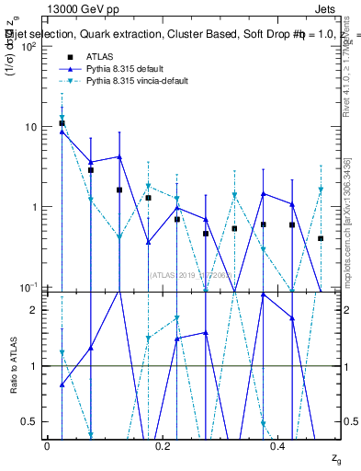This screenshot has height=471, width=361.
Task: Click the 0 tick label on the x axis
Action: pyautogui.click(x=47, y=446)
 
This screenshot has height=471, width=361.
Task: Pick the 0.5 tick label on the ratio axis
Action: pyautogui.click(x=33, y=422)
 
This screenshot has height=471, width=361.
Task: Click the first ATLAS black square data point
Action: pyautogui.click(x=62, y=123)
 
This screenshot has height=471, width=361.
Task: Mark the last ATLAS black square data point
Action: pyautogui.click(x=321, y=238)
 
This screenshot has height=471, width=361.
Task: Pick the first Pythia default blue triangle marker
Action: pyautogui.click(x=62, y=132)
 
